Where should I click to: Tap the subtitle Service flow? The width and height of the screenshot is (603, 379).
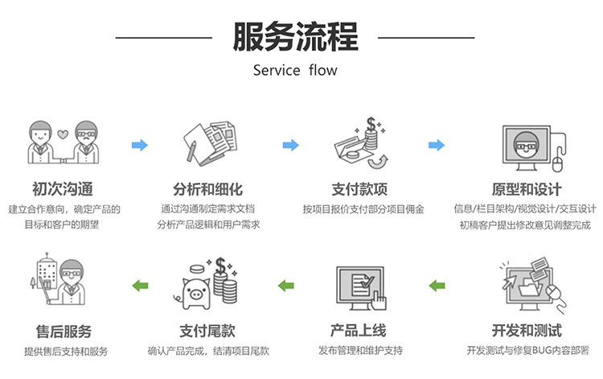point(295,70)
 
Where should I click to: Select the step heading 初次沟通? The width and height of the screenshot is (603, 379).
point(63,190)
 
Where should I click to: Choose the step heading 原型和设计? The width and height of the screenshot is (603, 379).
point(527,190)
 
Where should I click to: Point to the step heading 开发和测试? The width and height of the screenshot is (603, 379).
point(527,331)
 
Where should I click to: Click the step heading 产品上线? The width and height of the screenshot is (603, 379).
point(359,331)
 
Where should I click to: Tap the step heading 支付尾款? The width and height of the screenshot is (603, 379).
point(207,331)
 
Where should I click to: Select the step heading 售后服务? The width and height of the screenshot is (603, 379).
point(64,331)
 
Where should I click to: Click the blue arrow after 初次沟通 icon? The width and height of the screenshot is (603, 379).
point(140,146)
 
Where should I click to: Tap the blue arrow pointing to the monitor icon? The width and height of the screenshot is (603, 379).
point(437,146)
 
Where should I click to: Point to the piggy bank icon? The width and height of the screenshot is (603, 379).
point(194,290)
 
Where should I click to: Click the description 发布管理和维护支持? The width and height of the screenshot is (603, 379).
point(360,351)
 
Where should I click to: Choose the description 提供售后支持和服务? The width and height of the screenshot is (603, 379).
point(64,351)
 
